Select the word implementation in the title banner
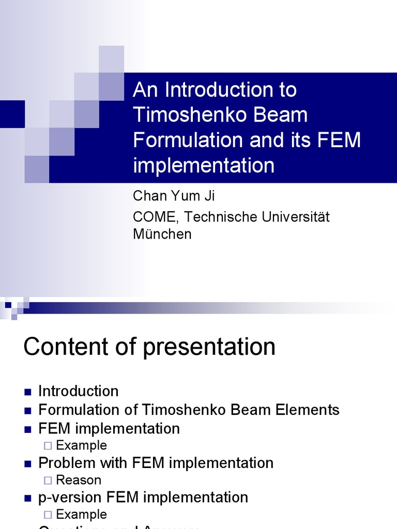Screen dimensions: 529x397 (204, 165)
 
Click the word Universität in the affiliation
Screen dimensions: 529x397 (296, 217)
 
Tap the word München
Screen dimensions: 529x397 (162, 234)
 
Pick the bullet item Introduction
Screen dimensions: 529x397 (79, 391)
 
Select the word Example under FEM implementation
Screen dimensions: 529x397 (81, 445)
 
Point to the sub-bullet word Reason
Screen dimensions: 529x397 (79, 480)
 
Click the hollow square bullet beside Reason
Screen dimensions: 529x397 (48, 480)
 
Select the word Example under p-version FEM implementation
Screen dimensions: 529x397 (81, 515)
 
